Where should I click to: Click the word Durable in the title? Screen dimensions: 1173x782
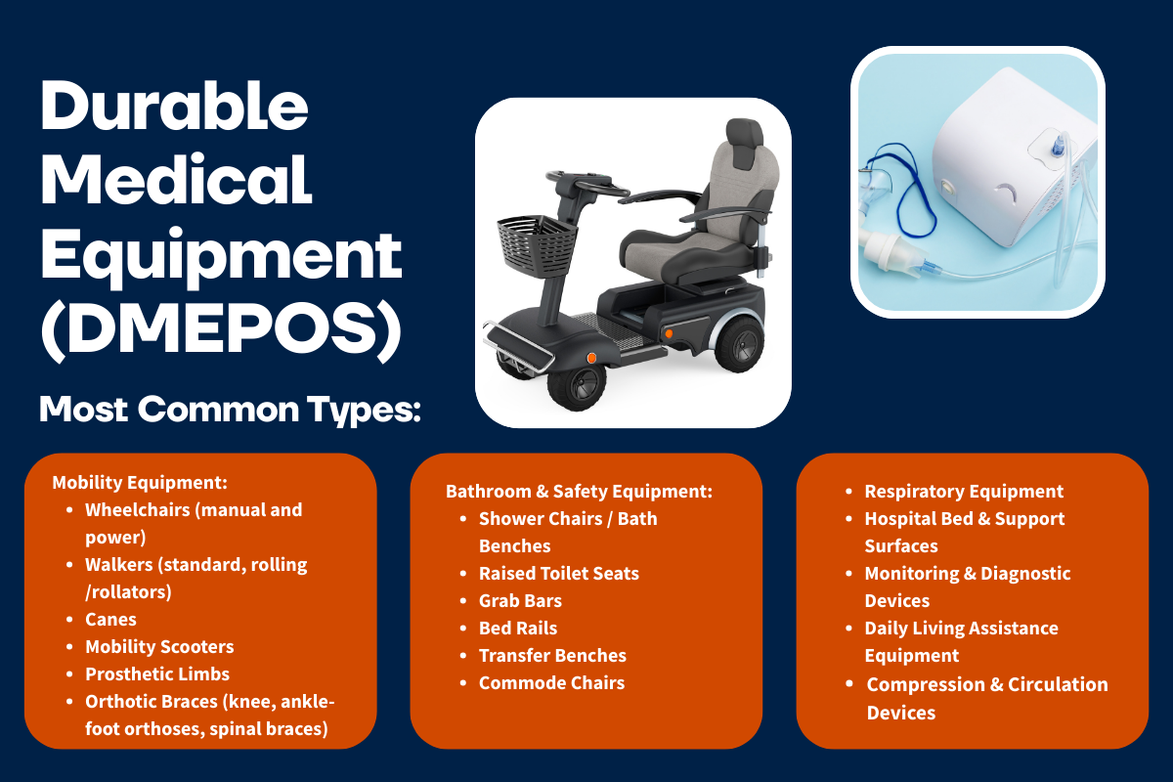point(174,106)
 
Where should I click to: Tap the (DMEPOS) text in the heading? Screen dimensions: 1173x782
point(221,331)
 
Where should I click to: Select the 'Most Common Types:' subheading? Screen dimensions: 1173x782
point(231,410)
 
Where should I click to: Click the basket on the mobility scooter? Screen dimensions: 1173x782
point(537,244)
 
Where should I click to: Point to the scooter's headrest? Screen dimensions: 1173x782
point(744,143)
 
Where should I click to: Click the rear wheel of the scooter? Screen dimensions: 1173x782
point(740,344)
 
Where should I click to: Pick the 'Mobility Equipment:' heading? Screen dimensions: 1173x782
point(140,483)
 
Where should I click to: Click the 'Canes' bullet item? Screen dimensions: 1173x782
point(111,619)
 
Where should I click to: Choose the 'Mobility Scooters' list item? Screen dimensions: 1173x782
point(159,647)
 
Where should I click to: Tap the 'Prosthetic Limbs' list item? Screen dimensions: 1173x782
point(157,674)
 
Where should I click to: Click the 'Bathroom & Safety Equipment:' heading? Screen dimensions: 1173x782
point(579,492)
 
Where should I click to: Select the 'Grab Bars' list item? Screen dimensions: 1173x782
point(520,601)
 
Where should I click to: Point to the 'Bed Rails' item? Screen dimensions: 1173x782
point(518,628)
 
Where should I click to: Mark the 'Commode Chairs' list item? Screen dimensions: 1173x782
point(552,683)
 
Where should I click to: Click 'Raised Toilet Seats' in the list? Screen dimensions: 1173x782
point(559,574)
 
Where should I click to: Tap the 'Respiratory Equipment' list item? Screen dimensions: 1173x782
point(964,492)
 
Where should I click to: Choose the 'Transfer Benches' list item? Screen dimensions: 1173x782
point(553,656)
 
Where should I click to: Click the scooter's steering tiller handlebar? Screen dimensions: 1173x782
point(586,185)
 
